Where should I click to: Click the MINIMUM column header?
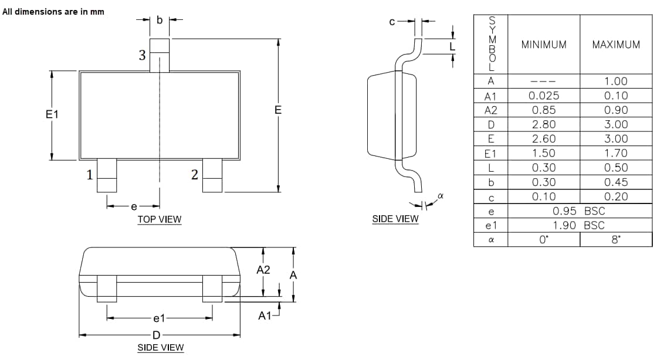pyautogui.click(x=544, y=45)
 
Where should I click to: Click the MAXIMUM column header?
pyautogui.click(x=616, y=45)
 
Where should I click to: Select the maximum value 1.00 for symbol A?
pyautogui.click(x=616, y=81)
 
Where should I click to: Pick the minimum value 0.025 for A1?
pyautogui.click(x=544, y=96)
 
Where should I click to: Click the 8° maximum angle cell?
pyautogui.click(x=616, y=240)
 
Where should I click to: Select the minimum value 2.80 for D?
pyautogui.click(x=544, y=124)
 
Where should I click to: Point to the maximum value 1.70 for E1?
pyautogui.click(x=616, y=153)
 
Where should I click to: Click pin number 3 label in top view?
pyautogui.click(x=142, y=56)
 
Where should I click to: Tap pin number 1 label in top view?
pyautogui.click(x=90, y=174)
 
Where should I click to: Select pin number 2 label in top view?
pyautogui.click(x=194, y=174)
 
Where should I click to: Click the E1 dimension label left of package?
pyautogui.click(x=52, y=114)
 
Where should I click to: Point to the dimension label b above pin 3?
pyautogui.click(x=160, y=19)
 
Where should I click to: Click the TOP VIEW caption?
pyautogui.click(x=160, y=219)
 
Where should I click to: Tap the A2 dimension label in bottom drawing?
pyautogui.click(x=263, y=270)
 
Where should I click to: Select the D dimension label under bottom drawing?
pyautogui.click(x=156, y=335)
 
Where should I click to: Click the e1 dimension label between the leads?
pyautogui.click(x=159, y=319)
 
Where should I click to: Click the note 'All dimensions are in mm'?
pyautogui.click(x=53, y=12)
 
